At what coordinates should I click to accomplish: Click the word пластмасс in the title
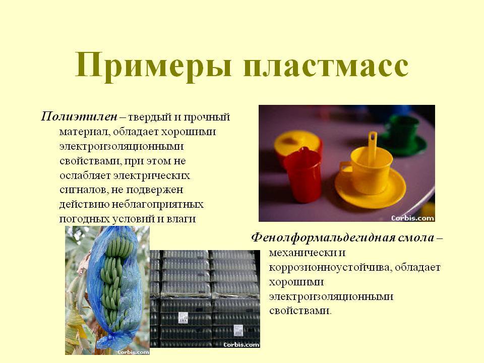[326, 66]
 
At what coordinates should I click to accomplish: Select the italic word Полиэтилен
[79, 117]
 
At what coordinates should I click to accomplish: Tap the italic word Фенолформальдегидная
[322, 238]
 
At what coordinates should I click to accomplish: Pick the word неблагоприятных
[157, 204]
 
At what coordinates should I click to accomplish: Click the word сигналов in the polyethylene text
[83, 190]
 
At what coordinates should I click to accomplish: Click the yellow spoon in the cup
[372, 148]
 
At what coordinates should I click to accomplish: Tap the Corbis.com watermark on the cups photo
[413, 218]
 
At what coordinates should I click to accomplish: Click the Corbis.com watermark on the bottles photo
[241, 344]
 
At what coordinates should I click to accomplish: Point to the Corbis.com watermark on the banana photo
[133, 352]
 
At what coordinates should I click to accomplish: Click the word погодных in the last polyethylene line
[81, 219]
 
